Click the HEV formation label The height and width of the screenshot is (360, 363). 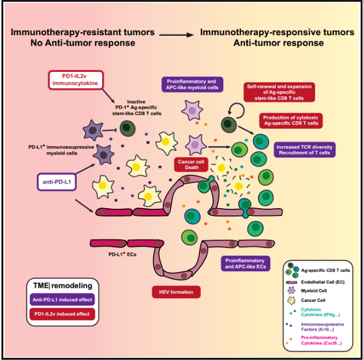[176, 292]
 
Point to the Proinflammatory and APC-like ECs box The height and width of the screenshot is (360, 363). [246, 263]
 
